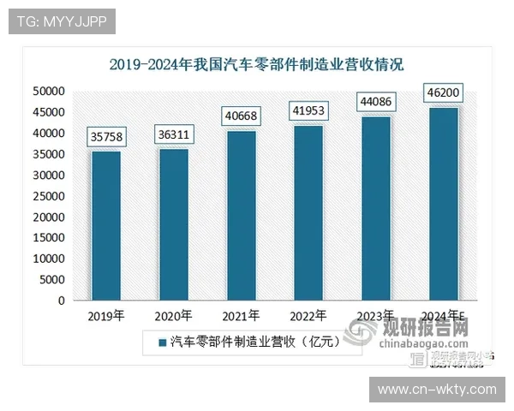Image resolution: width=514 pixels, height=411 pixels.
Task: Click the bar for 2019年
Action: click(106, 225)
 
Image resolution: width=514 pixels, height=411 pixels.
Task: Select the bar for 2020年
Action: click(174, 224)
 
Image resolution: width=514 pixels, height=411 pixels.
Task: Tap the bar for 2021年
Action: click(241, 215)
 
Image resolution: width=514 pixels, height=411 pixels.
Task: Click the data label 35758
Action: click(106, 136)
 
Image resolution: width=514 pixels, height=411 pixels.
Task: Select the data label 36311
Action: click(174, 134)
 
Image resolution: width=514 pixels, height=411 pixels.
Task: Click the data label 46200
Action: click(442, 92)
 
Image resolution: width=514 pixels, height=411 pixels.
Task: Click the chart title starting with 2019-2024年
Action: click(256, 64)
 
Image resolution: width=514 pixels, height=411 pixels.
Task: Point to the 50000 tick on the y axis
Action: click(49, 91)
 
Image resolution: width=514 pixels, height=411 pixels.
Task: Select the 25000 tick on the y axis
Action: click(49, 196)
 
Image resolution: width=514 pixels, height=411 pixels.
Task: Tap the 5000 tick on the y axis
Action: click(52, 280)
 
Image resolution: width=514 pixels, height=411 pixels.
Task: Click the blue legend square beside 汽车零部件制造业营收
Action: click(160, 342)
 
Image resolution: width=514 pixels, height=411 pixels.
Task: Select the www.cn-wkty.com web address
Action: click(437, 390)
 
